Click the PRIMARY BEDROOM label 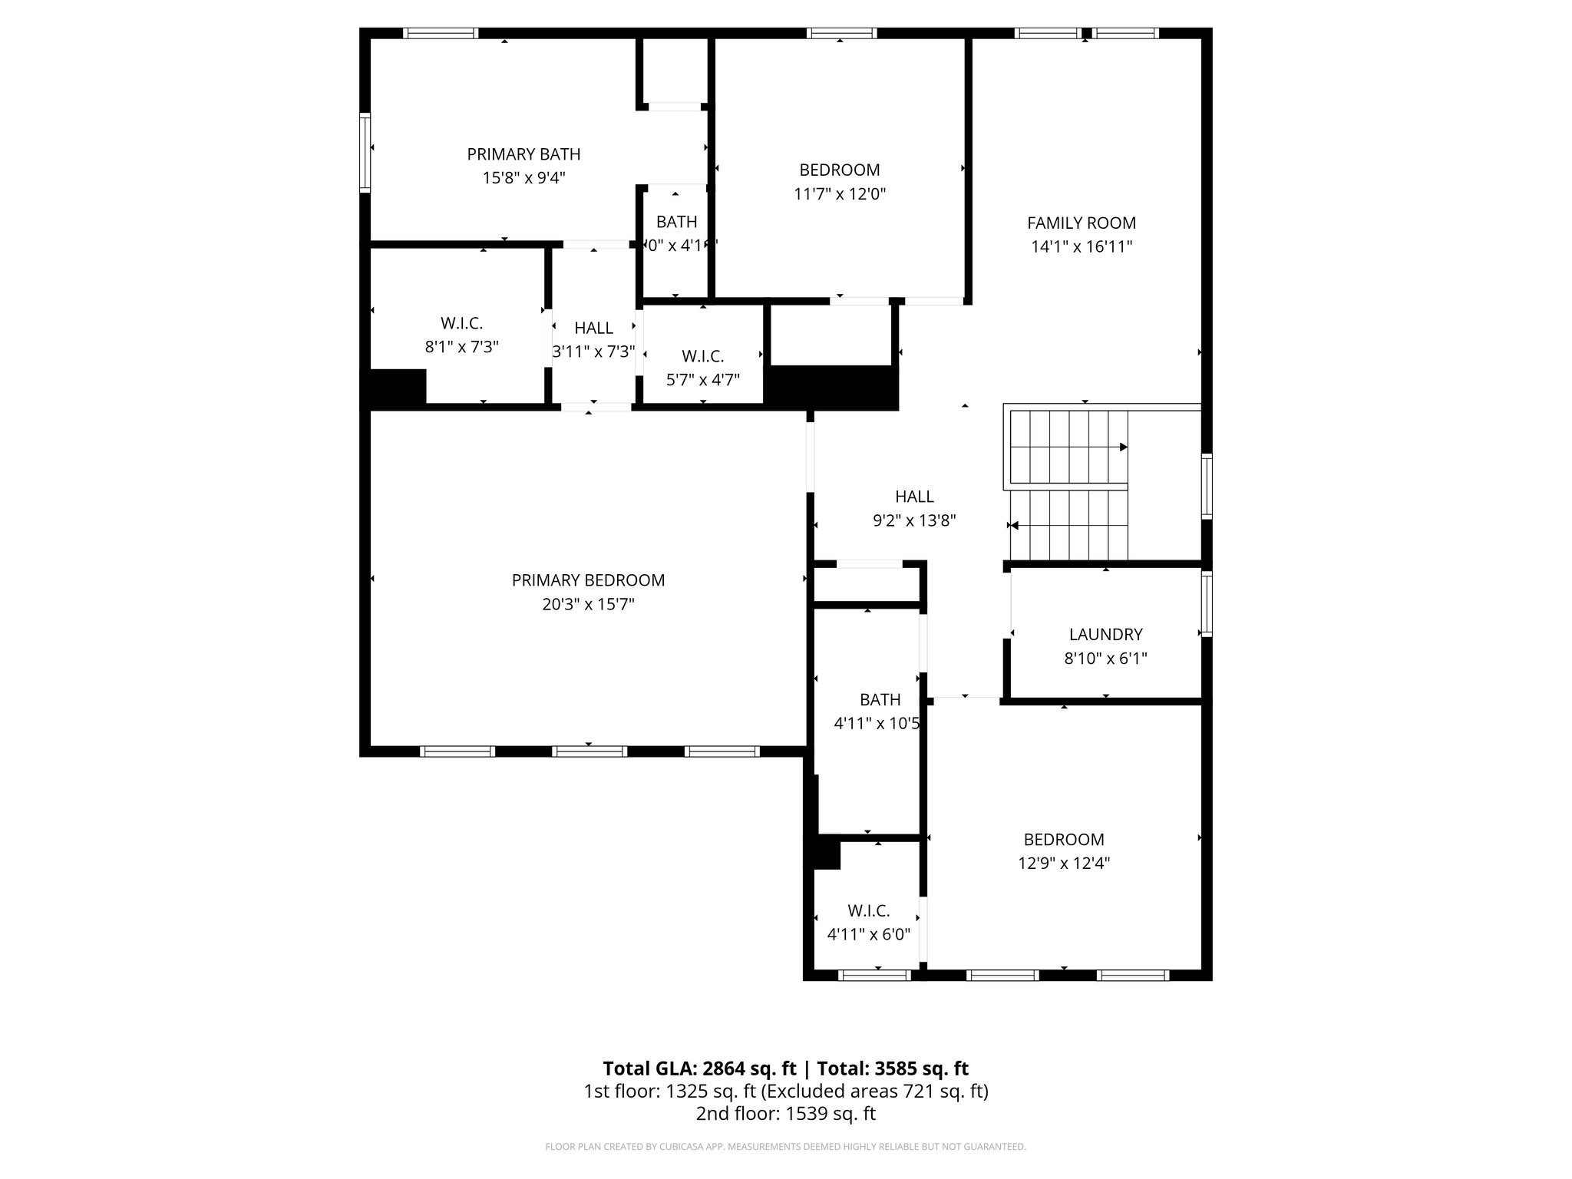(x=588, y=580)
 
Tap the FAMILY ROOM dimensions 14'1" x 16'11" (x=1082, y=247)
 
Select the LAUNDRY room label (x=1105, y=634)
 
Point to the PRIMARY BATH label (x=523, y=154)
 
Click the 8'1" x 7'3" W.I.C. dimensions (x=461, y=347)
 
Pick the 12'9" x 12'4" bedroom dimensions (x=1064, y=863)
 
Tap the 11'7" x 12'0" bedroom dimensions (x=840, y=194)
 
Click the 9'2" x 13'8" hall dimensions (x=914, y=521)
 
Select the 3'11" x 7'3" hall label (x=593, y=328)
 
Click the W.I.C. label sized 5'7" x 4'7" (x=702, y=356)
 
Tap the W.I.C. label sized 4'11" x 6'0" (x=868, y=910)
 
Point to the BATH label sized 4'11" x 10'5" (x=880, y=699)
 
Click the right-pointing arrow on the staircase (x=1123, y=447)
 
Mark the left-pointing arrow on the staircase (x=1013, y=526)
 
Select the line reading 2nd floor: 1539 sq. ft (x=785, y=1114)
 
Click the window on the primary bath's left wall (x=365, y=152)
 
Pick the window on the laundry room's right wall (x=1206, y=605)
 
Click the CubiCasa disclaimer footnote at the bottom (x=785, y=1147)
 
